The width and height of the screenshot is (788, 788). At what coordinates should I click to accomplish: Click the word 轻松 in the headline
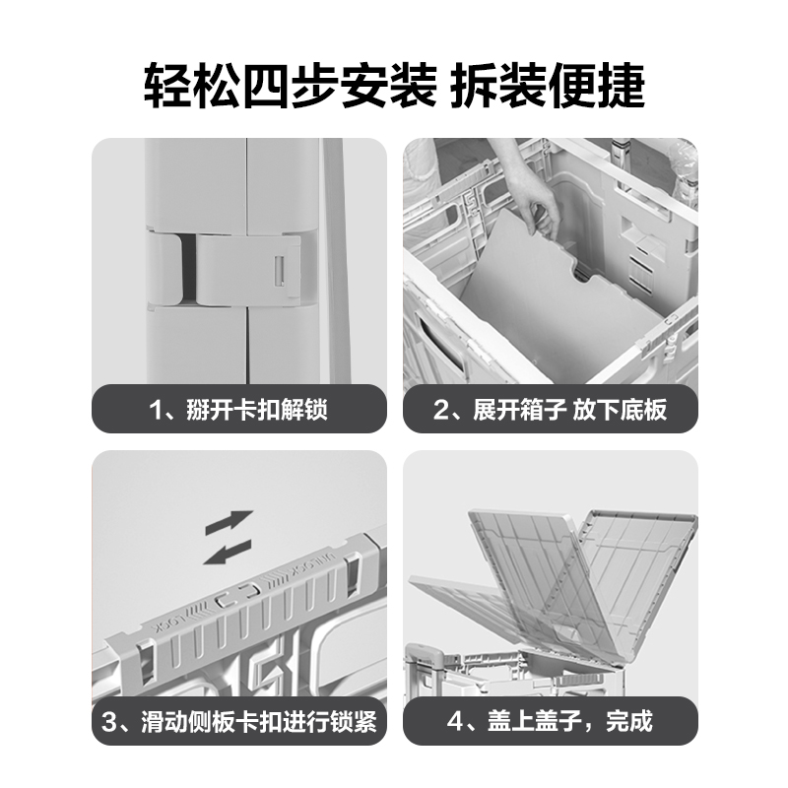191,86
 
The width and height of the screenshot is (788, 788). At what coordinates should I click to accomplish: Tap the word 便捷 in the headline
597,86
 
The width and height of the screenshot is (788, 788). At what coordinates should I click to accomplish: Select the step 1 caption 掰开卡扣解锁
257,409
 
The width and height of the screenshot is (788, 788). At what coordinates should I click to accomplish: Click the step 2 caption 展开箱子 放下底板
569,409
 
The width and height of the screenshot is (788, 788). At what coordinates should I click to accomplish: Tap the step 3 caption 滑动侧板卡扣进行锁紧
259,721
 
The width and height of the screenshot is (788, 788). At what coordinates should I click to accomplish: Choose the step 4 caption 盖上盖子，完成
570,721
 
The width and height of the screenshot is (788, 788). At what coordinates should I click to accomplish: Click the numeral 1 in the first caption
157,410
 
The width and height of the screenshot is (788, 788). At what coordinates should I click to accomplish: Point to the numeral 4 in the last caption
455,722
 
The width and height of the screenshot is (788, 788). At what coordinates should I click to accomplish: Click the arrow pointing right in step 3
230,522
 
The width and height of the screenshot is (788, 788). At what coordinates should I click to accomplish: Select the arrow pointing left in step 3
228,553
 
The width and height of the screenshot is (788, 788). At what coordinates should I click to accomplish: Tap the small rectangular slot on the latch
279,271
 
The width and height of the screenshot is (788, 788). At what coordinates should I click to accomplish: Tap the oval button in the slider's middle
237,594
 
